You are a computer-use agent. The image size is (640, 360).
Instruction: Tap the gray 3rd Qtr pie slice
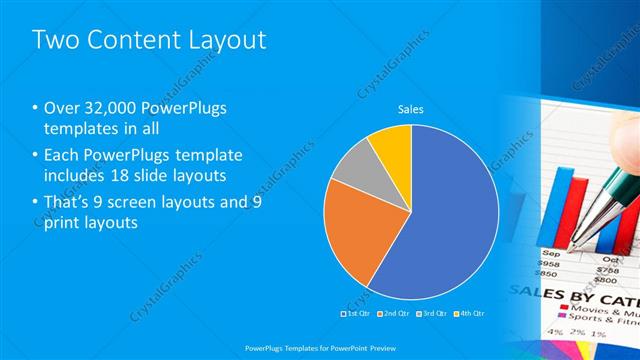point(350,164)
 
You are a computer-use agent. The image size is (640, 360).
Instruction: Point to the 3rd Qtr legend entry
point(431,313)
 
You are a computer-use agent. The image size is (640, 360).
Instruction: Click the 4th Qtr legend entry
point(468,313)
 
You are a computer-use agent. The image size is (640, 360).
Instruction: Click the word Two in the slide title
point(56,41)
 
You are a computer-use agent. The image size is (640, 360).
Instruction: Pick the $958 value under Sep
point(548,265)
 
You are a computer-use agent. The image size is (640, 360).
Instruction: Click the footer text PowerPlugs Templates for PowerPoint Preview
point(319,346)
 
